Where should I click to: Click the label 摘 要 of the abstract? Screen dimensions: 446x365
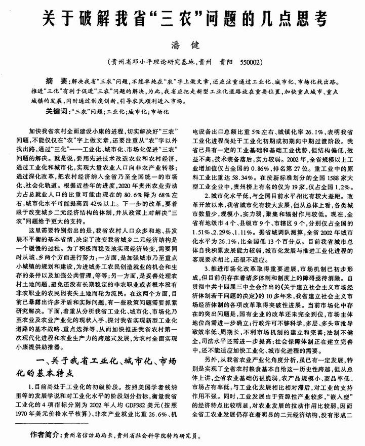tap(56, 81)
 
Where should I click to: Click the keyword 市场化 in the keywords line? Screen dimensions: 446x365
tap(162, 110)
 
